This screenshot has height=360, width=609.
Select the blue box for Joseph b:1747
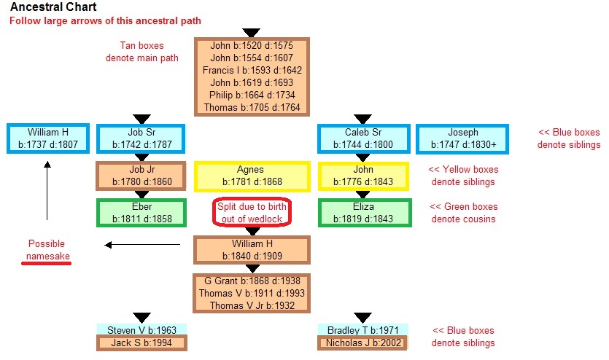click(x=463, y=138)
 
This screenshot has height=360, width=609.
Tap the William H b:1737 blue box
click(x=48, y=138)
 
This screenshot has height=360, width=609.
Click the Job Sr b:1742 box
click(x=141, y=138)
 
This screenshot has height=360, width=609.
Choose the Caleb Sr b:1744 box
click(x=362, y=138)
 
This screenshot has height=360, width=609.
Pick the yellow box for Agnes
click(x=250, y=176)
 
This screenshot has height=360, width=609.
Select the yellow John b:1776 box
click(x=362, y=176)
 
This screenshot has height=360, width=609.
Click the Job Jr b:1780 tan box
click(x=141, y=176)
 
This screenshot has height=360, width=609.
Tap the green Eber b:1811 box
click(x=141, y=212)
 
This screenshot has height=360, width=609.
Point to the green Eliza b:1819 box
click(x=362, y=212)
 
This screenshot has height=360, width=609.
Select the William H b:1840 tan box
click(x=252, y=249)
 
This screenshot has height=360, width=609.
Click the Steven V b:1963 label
click(x=141, y=330)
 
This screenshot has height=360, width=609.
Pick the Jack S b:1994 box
click(x=141, y=343)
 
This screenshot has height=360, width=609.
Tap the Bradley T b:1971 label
click(x=362, y=330)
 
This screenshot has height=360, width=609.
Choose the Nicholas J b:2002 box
click(x=362, y=343)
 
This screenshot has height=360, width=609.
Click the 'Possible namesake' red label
click(x=47, y=249)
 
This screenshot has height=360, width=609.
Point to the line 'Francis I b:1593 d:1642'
click(x=252, y=71)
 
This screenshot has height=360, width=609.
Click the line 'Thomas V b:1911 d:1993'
click(x=252, y=293)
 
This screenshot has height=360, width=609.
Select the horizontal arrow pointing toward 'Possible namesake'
click(x=141, y=245)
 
